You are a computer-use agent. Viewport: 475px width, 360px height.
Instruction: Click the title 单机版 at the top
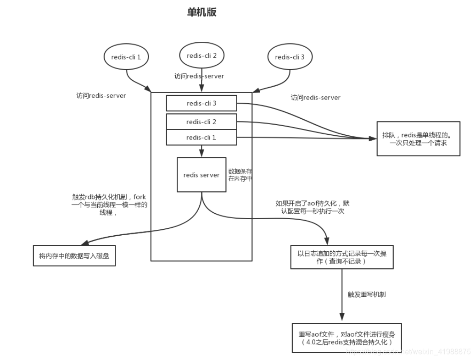[x=201, y=13]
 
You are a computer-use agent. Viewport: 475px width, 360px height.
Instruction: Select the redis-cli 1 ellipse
[x=126, y=57]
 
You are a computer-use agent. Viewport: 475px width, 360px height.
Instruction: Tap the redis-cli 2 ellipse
[x=201, y=55]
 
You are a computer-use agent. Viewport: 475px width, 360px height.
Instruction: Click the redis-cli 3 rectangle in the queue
[x=201, y=103]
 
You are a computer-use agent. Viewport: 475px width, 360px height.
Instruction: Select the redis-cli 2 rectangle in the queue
[x=201, y=122]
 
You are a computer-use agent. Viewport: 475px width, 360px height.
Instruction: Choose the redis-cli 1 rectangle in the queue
[x=201, y=137]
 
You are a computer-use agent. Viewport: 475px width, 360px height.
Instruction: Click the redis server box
[x=201, y=175]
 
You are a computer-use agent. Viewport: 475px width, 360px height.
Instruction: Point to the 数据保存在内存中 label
[x=240, y=175]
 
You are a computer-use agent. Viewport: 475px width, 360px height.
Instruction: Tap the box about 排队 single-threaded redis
[x=418, y=139]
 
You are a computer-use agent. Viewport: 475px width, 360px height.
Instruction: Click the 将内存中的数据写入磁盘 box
[x=74, y=256]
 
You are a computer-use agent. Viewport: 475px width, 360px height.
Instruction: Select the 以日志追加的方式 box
[x=341, y=257]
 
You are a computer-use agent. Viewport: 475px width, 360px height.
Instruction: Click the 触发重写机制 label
[x=367, y=294]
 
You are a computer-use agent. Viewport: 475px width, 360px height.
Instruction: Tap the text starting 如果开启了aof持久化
[x=312, y=207]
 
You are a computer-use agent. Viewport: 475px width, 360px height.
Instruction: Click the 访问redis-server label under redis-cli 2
[x=199, y=76]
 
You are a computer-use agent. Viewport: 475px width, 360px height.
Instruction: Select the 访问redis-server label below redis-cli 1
[x=101, y=96]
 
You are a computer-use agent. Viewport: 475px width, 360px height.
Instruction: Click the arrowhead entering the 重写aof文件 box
[x=341, y=318]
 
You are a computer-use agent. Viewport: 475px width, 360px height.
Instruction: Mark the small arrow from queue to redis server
[x=201, y=152]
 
